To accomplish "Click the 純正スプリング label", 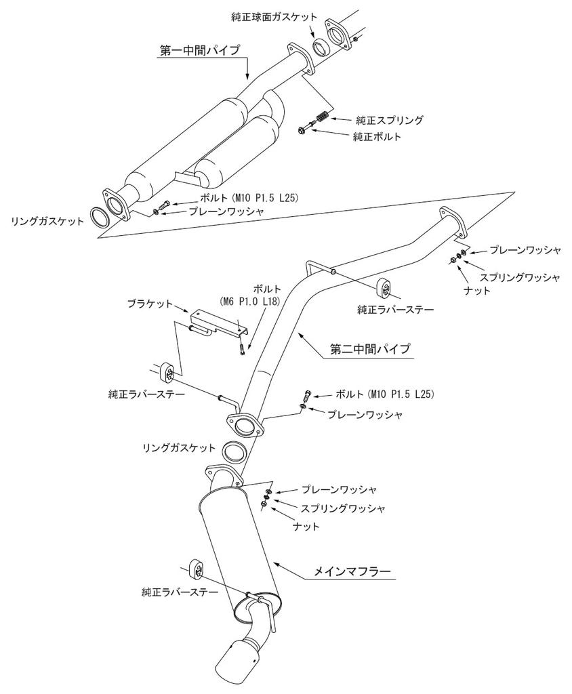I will click(x=390, y=121).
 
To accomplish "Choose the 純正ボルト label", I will click(x=377, y=136).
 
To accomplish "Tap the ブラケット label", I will click(x=150, y=304).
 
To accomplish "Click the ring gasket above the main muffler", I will click(x=234, y=451).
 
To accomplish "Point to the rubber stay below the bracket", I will click(x=166, y=371).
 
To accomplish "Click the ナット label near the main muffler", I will click(x=306, y=526).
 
